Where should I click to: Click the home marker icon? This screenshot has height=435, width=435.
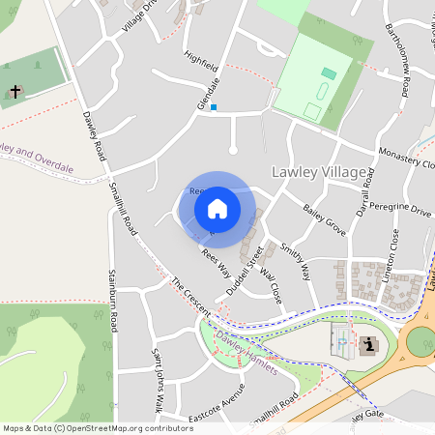pyautogui.click(x=217, y=208)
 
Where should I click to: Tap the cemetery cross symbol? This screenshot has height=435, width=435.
pyautogui.click(x=15, y=92)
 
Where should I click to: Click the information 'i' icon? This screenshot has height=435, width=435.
pyautogui.click(x=368, y=345)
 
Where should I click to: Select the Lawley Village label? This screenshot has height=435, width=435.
pyautogui.click(x=319, y=172)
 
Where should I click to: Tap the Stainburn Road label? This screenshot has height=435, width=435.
pyautogui.click(x=113, y=301)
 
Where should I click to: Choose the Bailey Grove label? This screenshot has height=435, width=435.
pyautogui.click(x=324, y=217)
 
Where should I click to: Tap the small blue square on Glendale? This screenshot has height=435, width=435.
pyautogui.click(x=215, y=107)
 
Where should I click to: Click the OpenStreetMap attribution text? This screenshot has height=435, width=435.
pyautogui.click(x=98, y=427)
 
